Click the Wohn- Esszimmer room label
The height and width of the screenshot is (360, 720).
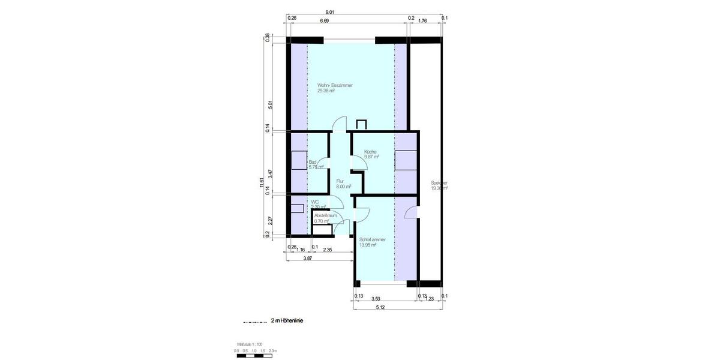335,86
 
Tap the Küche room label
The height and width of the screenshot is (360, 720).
370,152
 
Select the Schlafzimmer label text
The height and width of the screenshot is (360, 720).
373,239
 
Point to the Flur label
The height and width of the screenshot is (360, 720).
340,181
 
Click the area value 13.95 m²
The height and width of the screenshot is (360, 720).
367,245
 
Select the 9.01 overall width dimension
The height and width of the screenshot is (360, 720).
329,13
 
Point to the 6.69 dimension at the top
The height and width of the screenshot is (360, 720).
324,21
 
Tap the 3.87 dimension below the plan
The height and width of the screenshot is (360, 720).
307,258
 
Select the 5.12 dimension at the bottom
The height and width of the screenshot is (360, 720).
380,307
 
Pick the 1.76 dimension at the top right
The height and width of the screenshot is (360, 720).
422,21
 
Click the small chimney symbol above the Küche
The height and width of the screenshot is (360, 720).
361,124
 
